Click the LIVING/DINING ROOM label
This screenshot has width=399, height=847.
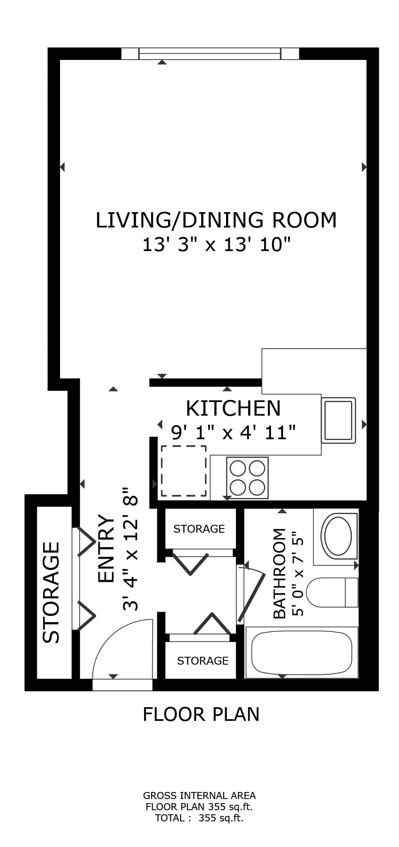point(216,220)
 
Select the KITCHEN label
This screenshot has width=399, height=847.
point(233,409)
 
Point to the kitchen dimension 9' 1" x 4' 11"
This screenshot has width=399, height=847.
point(233,433)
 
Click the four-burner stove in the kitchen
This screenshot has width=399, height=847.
point(247,478)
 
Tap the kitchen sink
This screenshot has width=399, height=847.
point(339,420)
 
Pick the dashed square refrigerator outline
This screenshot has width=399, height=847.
point(183,471)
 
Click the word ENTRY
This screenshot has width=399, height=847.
point(106,549)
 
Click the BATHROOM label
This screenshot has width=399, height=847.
point(280,573)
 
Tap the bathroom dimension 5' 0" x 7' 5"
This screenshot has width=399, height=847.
point(298,576)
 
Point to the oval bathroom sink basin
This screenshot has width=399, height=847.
point(338,536)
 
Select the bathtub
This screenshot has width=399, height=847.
point(302,653)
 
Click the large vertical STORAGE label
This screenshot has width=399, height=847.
point(52,592)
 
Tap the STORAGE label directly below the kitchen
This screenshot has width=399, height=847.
point(199,529)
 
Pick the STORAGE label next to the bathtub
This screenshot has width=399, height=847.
point(202,661)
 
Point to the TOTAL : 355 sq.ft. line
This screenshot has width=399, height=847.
point(199,818)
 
